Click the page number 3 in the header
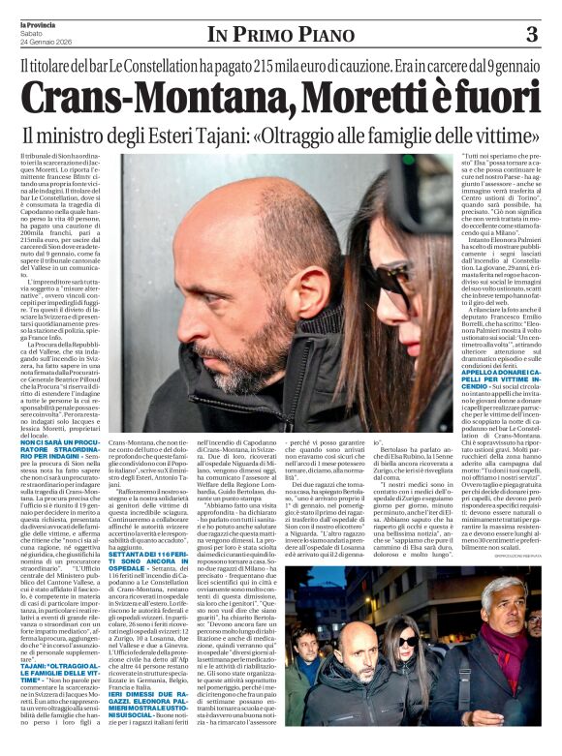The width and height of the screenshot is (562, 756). pos(531,35)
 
